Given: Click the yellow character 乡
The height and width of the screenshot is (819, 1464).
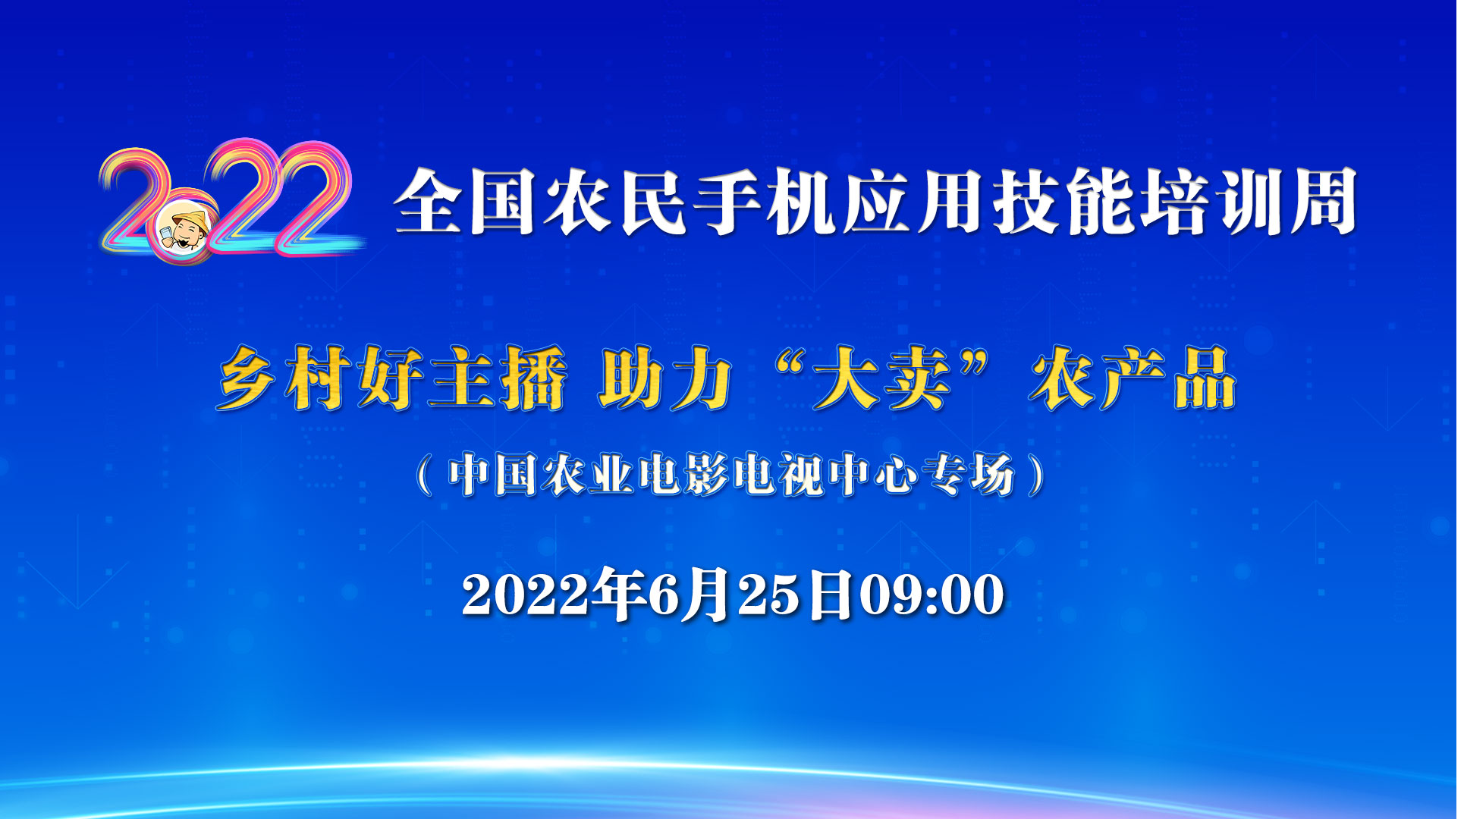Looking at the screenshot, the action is pyautogui.click(x=248, y=378).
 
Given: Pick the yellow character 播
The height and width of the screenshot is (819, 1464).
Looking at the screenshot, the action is pyautogui.click(x=533, y=378).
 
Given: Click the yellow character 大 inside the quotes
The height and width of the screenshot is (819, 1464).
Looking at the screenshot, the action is pyautogui.click(x=847, y=378).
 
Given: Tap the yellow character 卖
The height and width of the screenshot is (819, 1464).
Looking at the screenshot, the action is pyautogui.click(x=919, y=378).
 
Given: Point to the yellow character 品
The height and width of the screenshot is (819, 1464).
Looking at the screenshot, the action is pyautogui.click(x=1205, y=378).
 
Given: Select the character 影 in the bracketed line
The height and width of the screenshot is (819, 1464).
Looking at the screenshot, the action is pyautogui.click(x=708, y=475).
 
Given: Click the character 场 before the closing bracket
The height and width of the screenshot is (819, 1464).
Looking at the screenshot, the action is pyautogui.click(x=990, y=475).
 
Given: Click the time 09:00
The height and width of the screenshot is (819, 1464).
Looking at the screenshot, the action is pyautogui.click(x=931, y=595).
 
